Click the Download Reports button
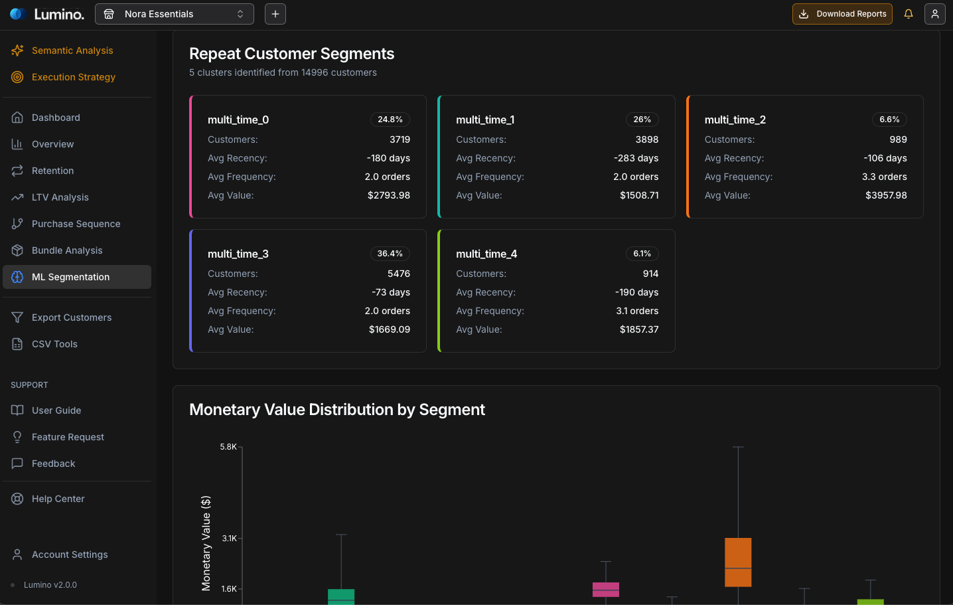(x=842, y=14)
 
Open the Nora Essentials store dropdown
(x=174, y=14)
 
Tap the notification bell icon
(x=909, y=14)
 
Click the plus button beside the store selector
(x=275, y=14)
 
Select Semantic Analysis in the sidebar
(x=72, y=50)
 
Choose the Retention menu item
(x=52, y=171)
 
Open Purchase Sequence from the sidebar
(x=76, y=224)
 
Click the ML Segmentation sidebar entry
(x=70, y=277)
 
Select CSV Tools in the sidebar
(x=54, y=344)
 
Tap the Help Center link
(x=58, y=499)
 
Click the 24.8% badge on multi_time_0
(x=390, y=120)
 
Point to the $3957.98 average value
(x=886, y=195)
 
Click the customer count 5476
(x=399, y=274)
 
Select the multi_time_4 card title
(x=486, y=254)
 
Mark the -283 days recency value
(x=636, y=158)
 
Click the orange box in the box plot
(x=738, y=562)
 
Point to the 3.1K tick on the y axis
(x=229, y=539)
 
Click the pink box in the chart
(x=605, y=589)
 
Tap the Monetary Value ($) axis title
(x=206, y=543)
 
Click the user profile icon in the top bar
(x=934, y=14)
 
